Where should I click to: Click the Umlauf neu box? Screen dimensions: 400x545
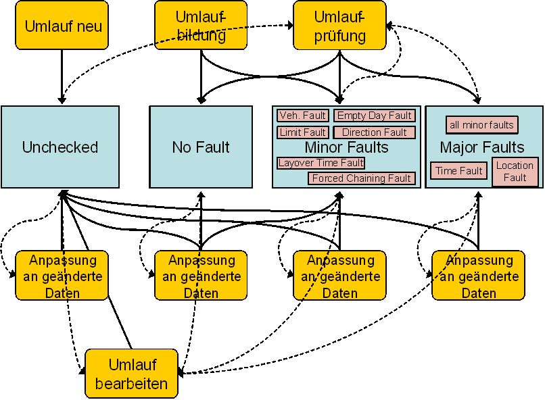point(62,26)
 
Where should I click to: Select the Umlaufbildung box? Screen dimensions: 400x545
point(201,25)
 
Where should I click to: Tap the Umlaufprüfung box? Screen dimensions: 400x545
point(339,25)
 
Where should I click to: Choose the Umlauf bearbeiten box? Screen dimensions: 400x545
point(131,374)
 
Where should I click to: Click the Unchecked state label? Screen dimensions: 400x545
point(60,147)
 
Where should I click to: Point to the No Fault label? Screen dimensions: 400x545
point(201,147)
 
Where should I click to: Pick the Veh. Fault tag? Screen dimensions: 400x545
point(303,116)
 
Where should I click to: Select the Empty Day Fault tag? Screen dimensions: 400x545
point(375,116)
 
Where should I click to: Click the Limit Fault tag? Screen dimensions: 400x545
point(303,132)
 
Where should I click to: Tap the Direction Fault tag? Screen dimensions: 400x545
point(375,132)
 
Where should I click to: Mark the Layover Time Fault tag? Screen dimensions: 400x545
point(321,163)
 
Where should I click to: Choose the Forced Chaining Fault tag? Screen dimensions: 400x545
point(361,178)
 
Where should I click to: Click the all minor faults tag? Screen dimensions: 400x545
point(481,125)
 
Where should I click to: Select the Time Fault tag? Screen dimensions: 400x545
point(459,171)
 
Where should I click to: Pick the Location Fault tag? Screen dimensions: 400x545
point(515,172)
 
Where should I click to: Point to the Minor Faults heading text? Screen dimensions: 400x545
point(346,147)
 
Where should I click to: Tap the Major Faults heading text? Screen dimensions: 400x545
point(482,147)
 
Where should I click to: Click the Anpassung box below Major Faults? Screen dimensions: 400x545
point(478,276)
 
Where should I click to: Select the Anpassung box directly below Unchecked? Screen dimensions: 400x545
point(62,276)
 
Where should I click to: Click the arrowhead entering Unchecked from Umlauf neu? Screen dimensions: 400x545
point(62,101)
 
